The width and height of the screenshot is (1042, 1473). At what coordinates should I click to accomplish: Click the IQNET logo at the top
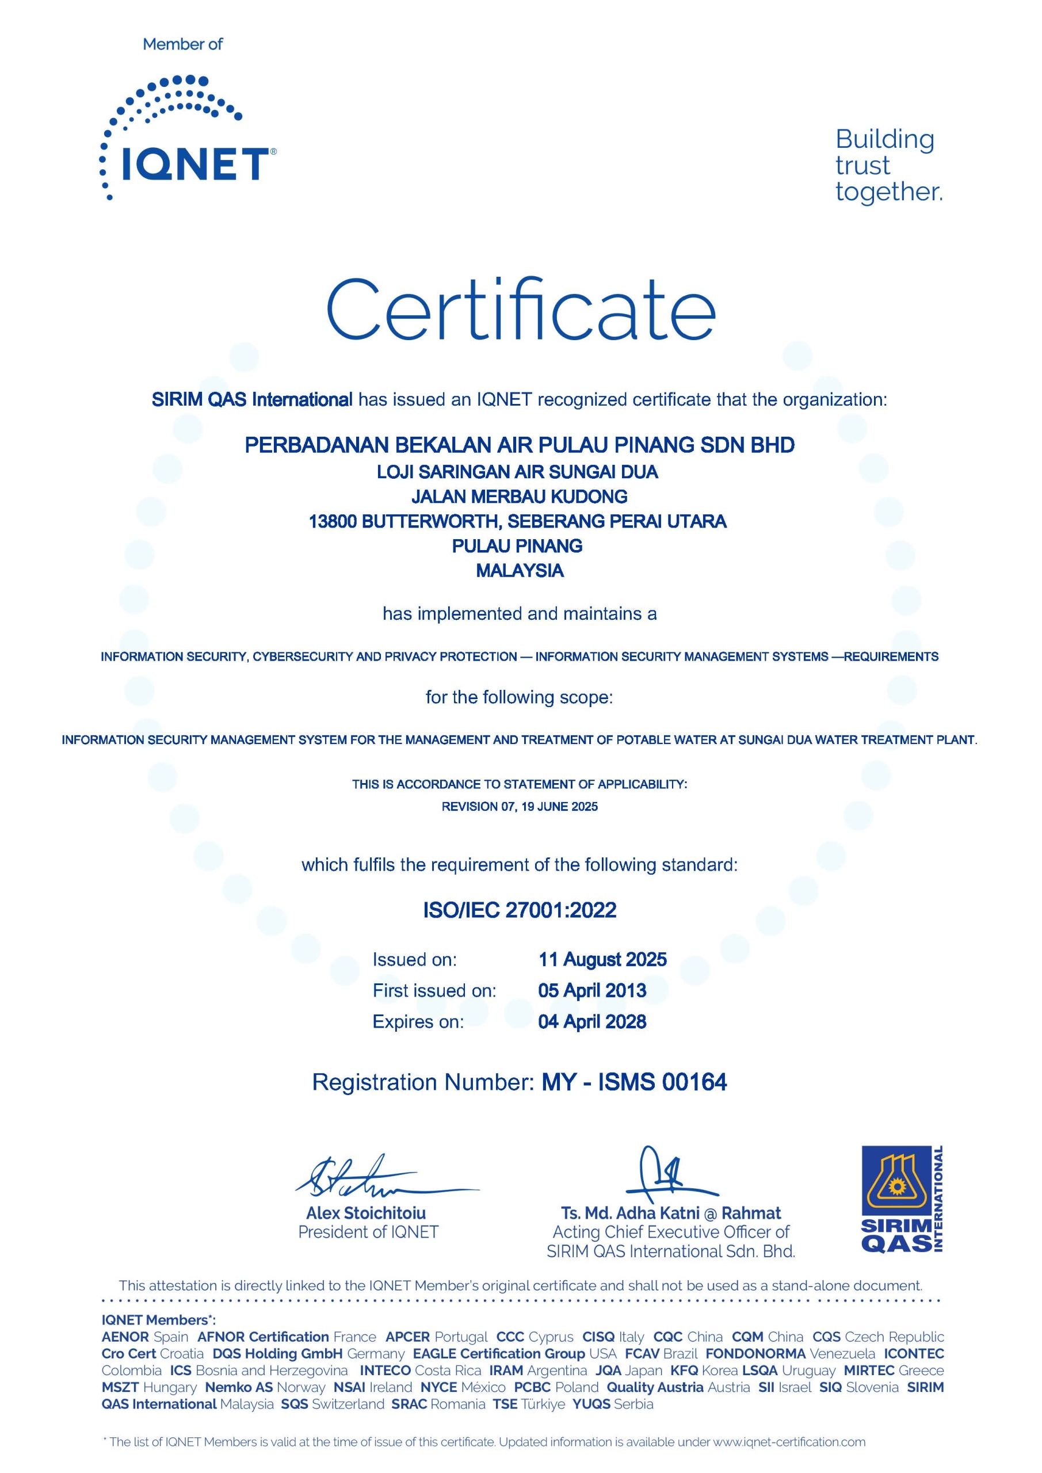188,138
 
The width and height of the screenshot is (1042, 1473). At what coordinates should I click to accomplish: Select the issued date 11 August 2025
602,959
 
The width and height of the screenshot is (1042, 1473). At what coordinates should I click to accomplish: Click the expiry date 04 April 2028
591,1021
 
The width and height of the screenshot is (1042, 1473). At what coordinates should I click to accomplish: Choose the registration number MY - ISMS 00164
634,1082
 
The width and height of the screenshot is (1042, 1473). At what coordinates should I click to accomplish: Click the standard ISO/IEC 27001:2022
520,910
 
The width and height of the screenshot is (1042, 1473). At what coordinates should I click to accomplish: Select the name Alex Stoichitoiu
366,1213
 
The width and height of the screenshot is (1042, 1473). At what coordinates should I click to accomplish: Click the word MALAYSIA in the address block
520,570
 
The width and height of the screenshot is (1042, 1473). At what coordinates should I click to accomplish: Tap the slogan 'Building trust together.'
888,166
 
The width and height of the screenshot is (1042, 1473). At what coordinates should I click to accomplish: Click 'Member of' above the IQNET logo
183,44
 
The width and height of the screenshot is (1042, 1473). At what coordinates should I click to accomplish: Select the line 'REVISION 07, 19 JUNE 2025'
520,807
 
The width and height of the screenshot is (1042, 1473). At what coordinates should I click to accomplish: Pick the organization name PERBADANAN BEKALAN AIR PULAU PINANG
520,445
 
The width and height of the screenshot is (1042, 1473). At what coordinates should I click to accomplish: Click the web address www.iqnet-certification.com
789,1441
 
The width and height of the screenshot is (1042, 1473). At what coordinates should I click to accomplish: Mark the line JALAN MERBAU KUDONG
520,497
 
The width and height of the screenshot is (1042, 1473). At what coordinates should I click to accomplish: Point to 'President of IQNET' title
368,1232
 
